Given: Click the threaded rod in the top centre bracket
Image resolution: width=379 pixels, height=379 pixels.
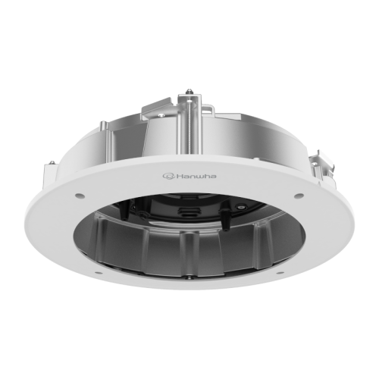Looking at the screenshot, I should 189,117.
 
